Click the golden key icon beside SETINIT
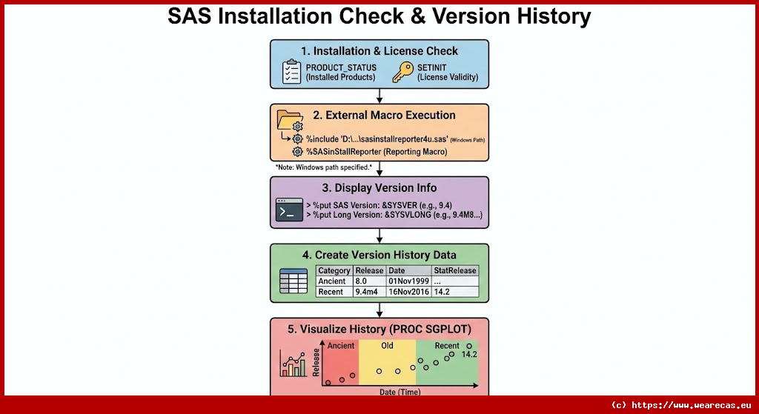point(403,72)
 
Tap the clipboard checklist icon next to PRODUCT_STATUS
point(291,72)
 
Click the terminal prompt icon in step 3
point(288,210)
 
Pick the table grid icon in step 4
point(292,281)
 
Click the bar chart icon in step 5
point(294,364)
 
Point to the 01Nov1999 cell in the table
point(407,281)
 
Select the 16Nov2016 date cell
point(408,292)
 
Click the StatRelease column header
point(454,271)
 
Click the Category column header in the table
point(334,271)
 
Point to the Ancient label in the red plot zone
point(341,346)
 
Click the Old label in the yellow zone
point(387,346)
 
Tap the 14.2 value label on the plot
point(468,355)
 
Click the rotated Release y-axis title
point(316,362)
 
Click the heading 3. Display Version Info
point(379,188)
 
